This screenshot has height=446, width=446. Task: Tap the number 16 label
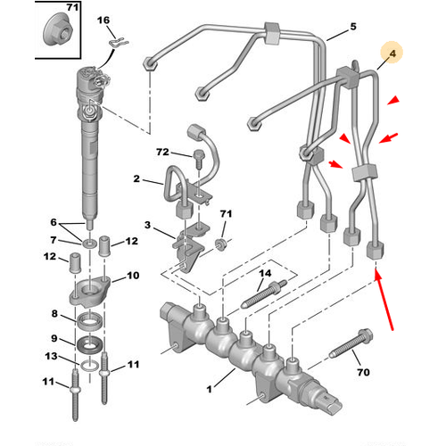tap(103, 20)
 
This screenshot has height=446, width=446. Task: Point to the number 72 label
tap(161, 154)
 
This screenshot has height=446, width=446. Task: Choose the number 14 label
tap(264, 272)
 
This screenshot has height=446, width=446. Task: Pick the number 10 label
tap(132, 276)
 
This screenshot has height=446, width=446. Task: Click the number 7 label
tap(53, 241)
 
